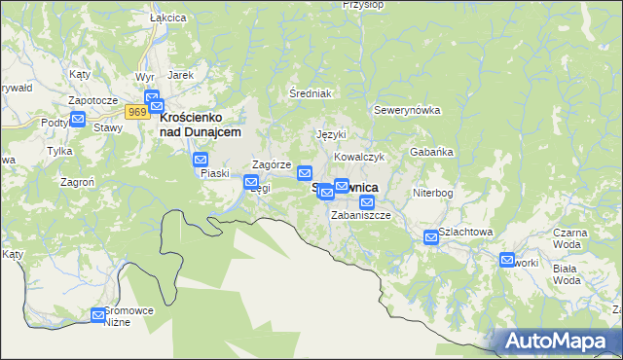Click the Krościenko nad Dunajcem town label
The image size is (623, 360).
[200, 124]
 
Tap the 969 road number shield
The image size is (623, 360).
[137, 112]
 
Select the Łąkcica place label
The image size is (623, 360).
[141, 18]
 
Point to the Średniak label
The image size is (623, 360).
[311, 93]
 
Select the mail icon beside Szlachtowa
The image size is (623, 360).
[431, 236]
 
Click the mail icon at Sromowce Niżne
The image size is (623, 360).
[98, 314]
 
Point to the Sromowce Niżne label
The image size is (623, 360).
[130, 315]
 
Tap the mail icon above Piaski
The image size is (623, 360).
[201, 160]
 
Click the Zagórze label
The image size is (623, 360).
[273, 165]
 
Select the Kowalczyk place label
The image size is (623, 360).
[360, 157]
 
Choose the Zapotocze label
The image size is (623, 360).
[92, 100]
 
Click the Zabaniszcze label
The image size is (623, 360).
[361, 215]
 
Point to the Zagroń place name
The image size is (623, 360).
[77, 181]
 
